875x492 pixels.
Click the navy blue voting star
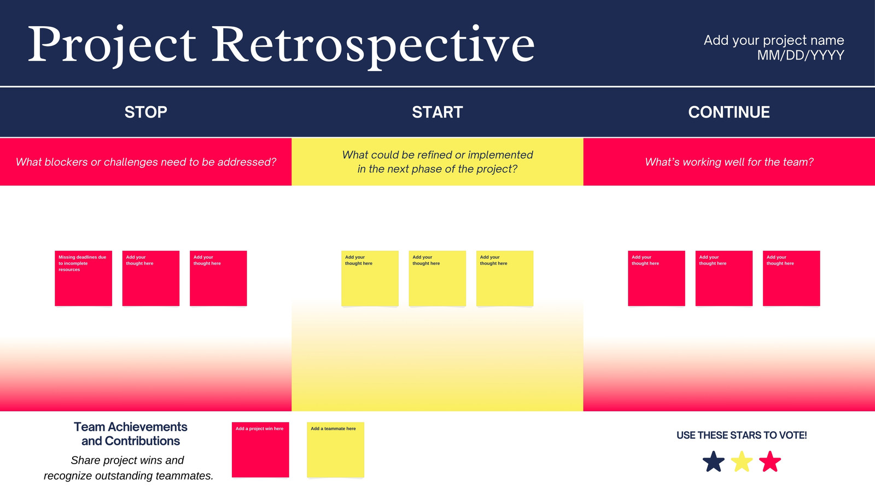[713, 462]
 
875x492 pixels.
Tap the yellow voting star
[742, 462]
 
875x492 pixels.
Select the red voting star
[770, 462]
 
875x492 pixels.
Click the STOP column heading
[145, 113]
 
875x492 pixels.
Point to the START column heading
[437, 113]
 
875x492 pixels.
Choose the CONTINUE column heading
[729, 113]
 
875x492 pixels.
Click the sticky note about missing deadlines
[83, 278]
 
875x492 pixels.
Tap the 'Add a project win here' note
[260, 449]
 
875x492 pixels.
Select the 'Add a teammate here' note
[335, 449]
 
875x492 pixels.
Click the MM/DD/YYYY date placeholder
[801, 55]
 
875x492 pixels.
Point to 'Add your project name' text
[774, 40]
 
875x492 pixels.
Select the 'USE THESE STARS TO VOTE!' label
[742, 435]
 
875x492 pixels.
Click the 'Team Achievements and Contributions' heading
[131, 434]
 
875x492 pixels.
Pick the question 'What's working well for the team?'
[729, 162]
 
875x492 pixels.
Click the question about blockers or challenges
[145, 162]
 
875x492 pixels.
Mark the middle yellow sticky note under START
[437, 278]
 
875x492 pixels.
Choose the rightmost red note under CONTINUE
[791, 278]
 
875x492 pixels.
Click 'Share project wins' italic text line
[127, 460]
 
